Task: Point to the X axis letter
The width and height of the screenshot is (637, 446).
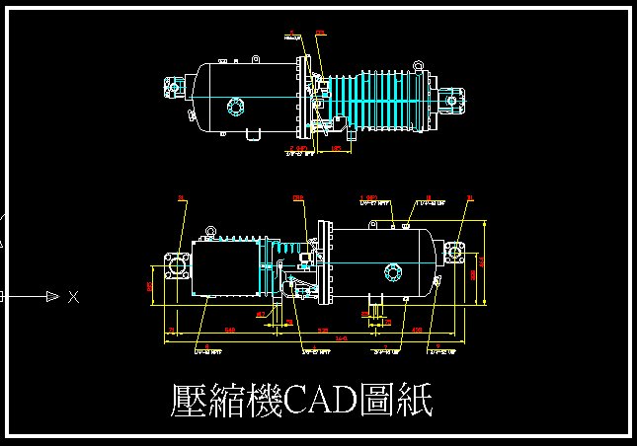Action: click(73, 296)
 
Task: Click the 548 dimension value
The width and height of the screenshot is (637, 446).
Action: click(229, 330)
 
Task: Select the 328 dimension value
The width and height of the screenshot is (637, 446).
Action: click(321, 330)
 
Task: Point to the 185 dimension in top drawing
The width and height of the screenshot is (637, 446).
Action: click(335, 148)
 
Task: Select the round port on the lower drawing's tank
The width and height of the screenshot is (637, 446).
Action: click(393, 272)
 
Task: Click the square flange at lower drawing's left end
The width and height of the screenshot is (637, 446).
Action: click(174, 265)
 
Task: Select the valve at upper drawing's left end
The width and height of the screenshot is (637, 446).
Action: click(176, 88)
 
